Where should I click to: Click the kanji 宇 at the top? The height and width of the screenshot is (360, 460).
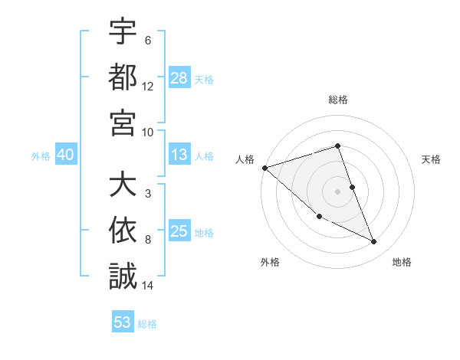coord(123,33)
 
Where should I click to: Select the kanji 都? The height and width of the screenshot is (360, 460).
coord(123,77)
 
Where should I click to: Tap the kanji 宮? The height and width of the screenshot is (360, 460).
coord(123,122)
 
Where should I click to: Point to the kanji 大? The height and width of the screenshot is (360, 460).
coord(123,186)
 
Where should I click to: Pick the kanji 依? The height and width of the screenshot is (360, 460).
coord(123,231)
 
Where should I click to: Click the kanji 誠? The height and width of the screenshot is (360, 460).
coord(123,275)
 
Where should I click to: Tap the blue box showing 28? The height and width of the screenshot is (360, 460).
coord(179,78)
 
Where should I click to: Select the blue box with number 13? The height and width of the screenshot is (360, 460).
coord(179,155)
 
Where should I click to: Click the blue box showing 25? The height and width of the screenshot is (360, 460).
coord(179,232)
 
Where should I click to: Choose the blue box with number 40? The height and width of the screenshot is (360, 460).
coord(65,155)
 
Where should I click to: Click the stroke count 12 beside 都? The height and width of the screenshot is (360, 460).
coord(148,87)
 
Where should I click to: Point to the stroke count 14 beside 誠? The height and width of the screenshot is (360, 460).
coord(148,285)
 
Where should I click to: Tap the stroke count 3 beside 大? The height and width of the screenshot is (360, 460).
coord(148,194)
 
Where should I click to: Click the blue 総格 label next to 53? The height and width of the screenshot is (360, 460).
coord(147,324)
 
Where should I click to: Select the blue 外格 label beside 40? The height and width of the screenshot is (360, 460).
coord(40,156)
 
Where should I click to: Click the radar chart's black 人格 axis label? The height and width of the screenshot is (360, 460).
coord(245,159)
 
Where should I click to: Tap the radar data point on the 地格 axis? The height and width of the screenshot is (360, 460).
coord(373,242)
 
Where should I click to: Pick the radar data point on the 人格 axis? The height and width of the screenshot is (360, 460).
coord(264,167)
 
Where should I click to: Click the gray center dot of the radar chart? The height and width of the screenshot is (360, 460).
coord(337,191)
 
